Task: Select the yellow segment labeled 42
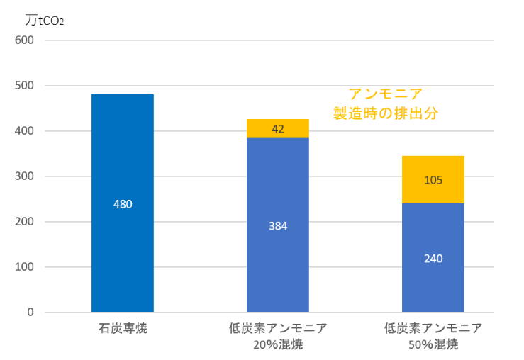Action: [278, 128]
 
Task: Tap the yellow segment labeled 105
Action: [433, 179]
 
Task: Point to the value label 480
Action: [123, 204]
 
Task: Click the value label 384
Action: [278, 226]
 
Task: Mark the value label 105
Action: [433, 180]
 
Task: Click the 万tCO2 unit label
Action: [45, 21]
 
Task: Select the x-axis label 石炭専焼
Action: [123, 329]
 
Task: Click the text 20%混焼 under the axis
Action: [278, 345]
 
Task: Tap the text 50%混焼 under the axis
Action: [433, 345]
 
